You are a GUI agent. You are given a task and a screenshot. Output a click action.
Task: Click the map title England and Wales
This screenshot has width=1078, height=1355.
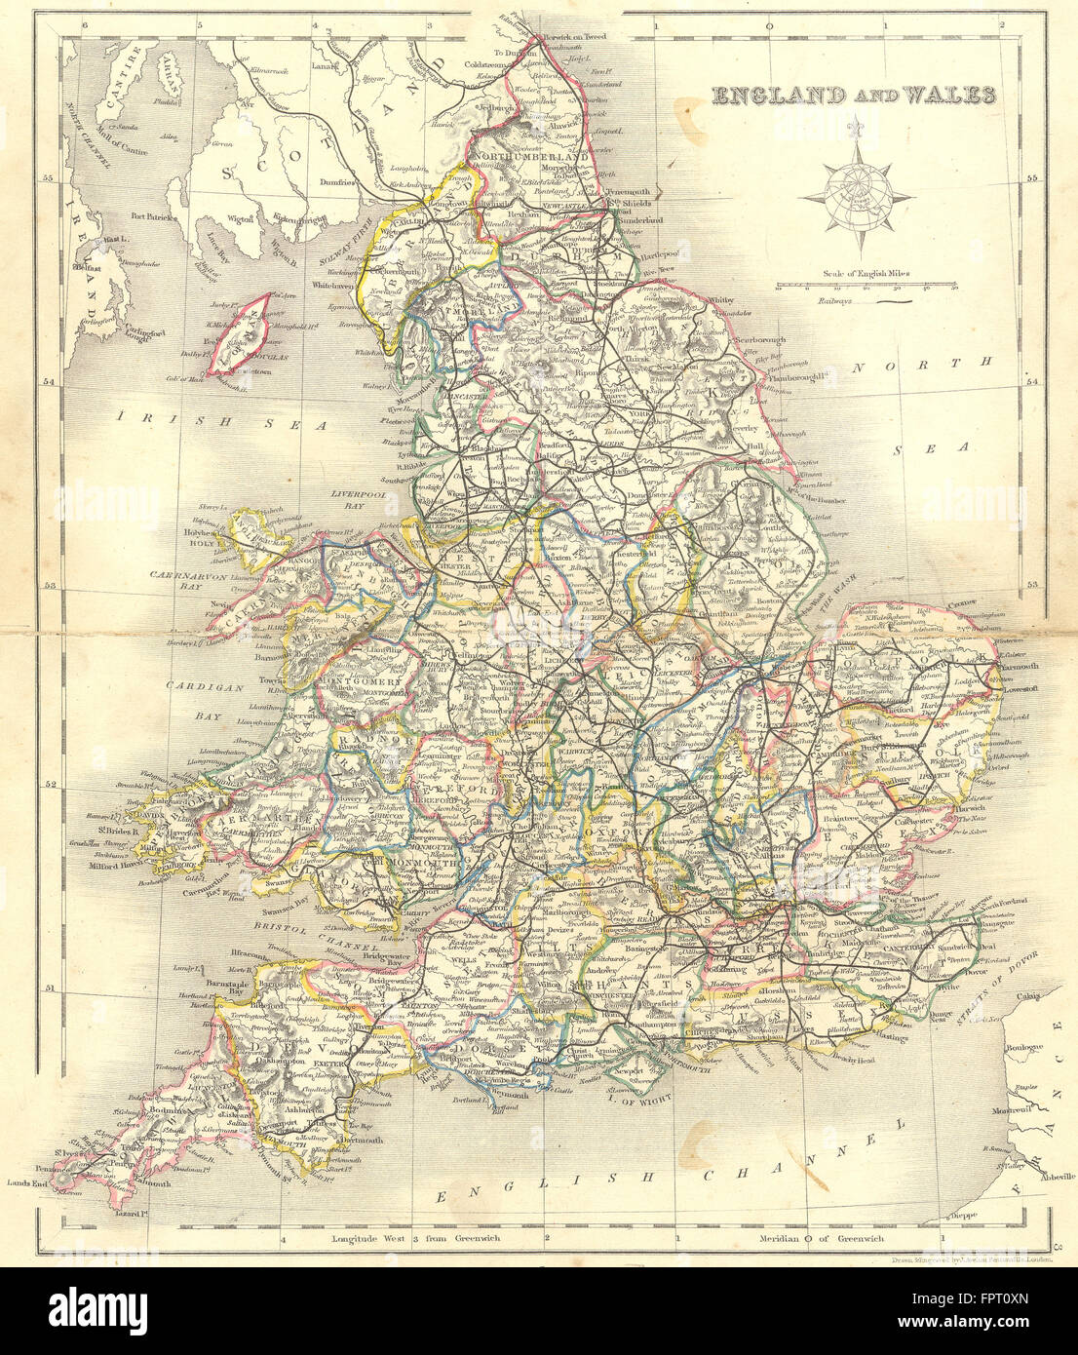tap(854, 96)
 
